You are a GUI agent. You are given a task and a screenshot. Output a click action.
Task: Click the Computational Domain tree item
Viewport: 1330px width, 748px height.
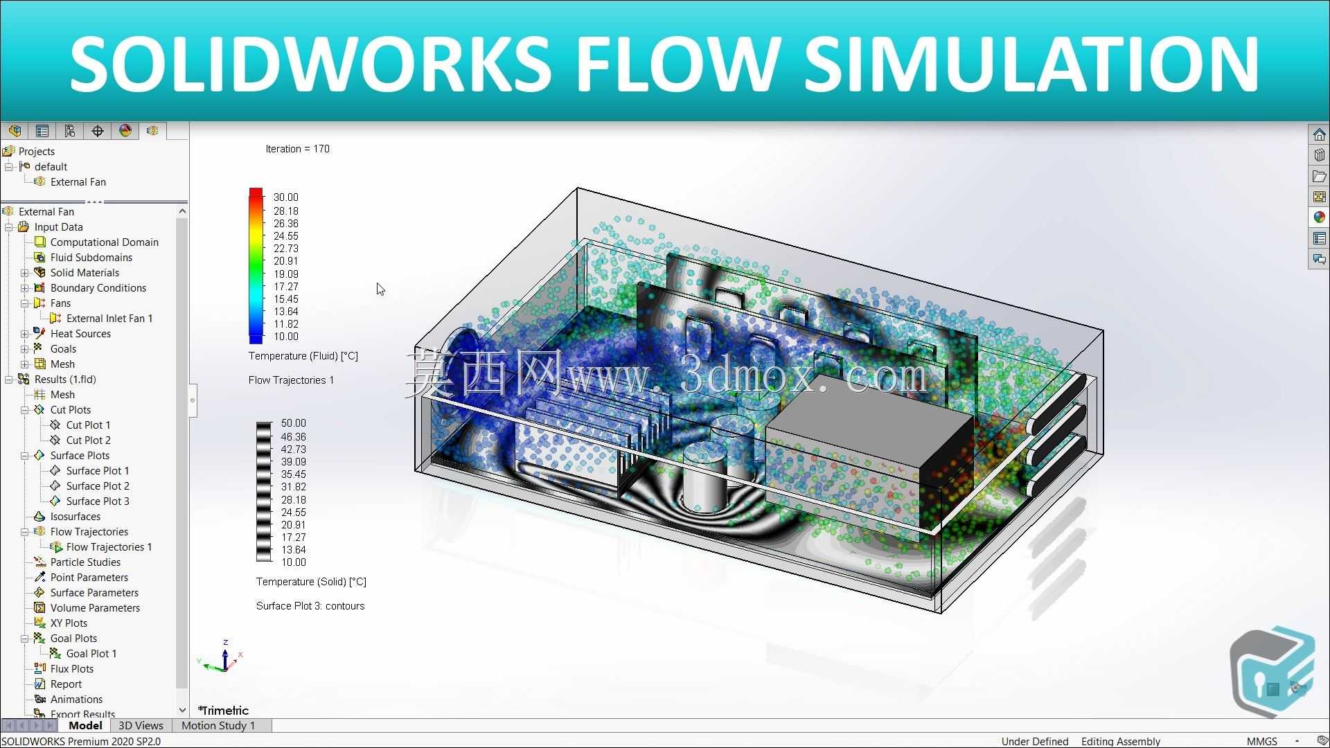104,242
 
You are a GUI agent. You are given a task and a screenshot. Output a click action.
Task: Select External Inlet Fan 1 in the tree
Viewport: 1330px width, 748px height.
109,319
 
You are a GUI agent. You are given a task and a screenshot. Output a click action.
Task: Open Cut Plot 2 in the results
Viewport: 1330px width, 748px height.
88,440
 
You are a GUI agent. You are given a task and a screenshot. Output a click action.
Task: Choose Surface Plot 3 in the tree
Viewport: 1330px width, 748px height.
98,501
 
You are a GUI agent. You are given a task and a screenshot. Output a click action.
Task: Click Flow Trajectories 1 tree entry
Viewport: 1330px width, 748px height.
109,547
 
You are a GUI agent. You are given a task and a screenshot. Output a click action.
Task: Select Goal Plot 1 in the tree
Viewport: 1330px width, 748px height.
91,654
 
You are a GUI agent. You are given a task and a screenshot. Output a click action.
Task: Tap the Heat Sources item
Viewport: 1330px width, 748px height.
80,334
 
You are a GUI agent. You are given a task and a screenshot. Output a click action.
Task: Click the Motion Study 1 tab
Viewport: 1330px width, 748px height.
218,726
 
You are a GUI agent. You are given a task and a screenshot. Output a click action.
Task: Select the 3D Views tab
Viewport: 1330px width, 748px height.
141,726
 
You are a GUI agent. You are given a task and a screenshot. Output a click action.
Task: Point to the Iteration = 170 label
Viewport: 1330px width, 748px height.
298,149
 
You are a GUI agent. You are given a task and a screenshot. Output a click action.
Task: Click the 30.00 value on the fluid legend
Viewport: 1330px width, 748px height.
286,197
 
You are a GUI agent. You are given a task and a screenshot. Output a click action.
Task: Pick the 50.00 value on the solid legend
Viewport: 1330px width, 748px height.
294,423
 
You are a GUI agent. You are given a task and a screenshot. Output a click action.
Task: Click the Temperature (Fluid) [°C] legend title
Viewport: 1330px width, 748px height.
303,356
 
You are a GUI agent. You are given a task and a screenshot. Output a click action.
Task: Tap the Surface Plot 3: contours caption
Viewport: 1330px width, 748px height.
310,606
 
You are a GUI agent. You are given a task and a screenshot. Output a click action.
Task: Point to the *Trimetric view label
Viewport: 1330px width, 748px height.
223,711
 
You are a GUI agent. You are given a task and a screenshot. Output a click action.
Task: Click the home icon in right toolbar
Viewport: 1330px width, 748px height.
1319,134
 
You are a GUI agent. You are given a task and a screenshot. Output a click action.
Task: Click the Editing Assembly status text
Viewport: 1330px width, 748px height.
1121,741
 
